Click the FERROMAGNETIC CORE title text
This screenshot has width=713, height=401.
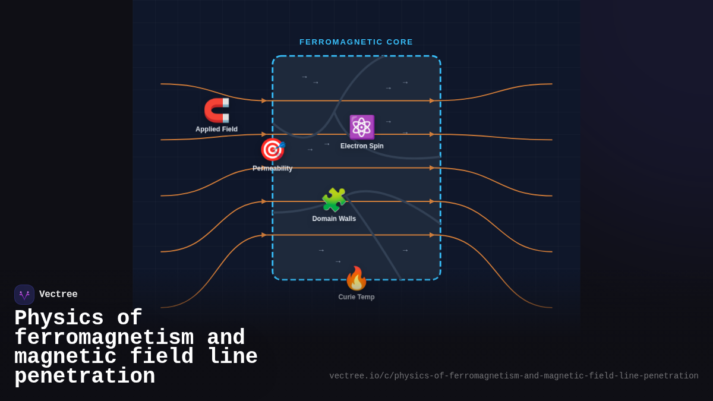[356, 42]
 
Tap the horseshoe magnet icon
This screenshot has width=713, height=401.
[217, 110]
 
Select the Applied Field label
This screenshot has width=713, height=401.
[216, 130]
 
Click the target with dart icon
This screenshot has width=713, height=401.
[272, 150]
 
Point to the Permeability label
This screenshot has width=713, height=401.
[272, 169]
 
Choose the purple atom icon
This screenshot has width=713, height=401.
[361, 127]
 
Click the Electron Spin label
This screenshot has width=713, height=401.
[362, 146]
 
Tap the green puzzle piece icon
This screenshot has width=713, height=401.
[334, 200]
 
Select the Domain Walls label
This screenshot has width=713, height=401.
[334, 219]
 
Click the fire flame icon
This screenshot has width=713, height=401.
[356, 278]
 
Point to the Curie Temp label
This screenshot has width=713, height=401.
[356, 297]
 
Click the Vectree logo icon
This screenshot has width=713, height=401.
[24, 295]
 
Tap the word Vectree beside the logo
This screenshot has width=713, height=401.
[58, 295]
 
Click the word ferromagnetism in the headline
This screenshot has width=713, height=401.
[104, 338]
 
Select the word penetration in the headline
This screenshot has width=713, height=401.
[84, 377]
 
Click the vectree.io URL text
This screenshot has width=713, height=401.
[514, 376]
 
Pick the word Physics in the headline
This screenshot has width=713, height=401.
[59, 318]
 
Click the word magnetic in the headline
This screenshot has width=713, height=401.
[65, 357]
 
